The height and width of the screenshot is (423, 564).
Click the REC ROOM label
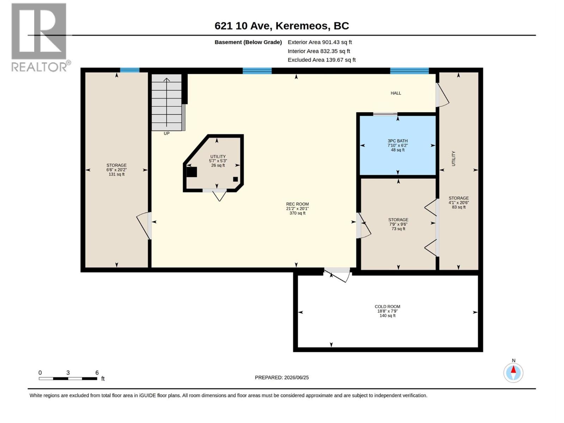click(x=297, y=204)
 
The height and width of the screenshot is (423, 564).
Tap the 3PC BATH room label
click(x=398, y=141)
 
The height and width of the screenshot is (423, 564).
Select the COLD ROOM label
click(x=387, y=306)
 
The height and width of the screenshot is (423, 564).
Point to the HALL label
click(x=396, y=93)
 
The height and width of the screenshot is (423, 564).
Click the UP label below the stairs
click(x=166, y=134)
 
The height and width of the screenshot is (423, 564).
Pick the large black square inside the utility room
click(x=192, y=172)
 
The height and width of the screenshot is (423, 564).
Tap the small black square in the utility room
click(x=235, y=179)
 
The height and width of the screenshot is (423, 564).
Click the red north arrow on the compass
click(x=513, y=370)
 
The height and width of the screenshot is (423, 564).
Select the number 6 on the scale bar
click(x=97, y=373)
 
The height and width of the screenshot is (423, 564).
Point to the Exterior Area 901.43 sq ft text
click(x=320, y=42)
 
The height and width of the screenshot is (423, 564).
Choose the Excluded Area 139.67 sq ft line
click(x=321, y=60)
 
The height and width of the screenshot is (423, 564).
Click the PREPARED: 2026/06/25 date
click(x=282, y=378)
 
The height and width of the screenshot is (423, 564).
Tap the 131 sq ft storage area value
click(x=116, y=174)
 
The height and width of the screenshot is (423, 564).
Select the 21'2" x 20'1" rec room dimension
click(x=297, y=209)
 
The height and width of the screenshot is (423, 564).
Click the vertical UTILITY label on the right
click(x=454, y=159)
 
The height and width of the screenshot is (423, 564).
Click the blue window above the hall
click(x=409, y=71)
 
